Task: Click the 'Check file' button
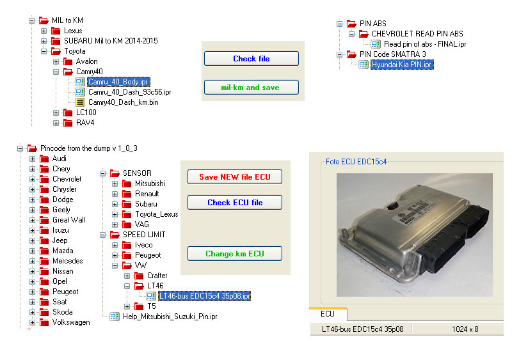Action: tap(251, 59)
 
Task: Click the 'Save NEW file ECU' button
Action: tap(234, 177)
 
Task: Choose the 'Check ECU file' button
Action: tap(234, 203)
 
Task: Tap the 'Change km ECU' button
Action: tap(234, 254)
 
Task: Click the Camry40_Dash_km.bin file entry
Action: tap(123, 102)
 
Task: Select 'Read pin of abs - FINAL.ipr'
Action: tap(425, 44)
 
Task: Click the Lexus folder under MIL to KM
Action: tap(72, 31)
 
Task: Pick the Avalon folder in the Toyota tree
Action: tap(86, 61)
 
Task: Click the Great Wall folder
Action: tap(68, 220)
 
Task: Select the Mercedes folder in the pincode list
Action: tap(67, 261)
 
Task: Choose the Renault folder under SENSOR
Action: tap(147, 194)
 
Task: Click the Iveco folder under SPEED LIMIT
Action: tap(143, 245)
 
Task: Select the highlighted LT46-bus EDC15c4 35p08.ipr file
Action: tap(204, 296)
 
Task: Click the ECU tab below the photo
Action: tap(327, 314)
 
